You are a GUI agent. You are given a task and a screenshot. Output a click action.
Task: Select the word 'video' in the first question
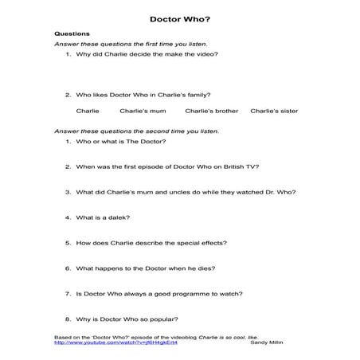click(206, 54)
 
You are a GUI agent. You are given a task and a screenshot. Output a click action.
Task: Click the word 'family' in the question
click(200, 92)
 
